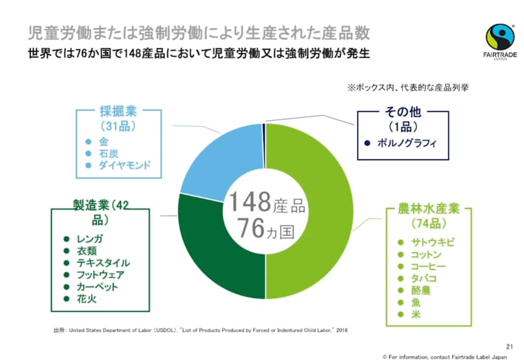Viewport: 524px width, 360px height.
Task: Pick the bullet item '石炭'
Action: [108, 153]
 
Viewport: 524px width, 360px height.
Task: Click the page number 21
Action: [502, 344]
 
